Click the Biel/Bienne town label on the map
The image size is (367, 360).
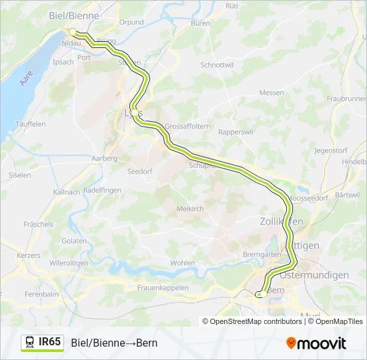tap(74, 15)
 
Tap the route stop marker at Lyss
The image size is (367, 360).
tap(134, 113)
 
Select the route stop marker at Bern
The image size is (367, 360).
tap(262, 293)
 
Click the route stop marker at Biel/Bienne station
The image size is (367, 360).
tap(73, 31)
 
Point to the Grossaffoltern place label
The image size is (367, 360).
tap(188, 125)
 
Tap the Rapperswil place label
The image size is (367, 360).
tap(237, 132)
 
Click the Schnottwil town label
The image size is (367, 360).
tap(217, 65)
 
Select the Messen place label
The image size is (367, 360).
tap(272, 93)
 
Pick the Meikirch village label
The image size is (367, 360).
tap(190, 209)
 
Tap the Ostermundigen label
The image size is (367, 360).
tap(315, 275)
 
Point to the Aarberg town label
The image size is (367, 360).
tap(104, 158)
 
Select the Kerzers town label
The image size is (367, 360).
tap(28, 255)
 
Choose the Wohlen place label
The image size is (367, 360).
tap(183, 263)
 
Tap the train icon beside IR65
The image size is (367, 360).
tap(30, 343)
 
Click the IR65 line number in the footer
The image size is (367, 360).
tap(50, 343)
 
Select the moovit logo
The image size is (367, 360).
tap(316, 343)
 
